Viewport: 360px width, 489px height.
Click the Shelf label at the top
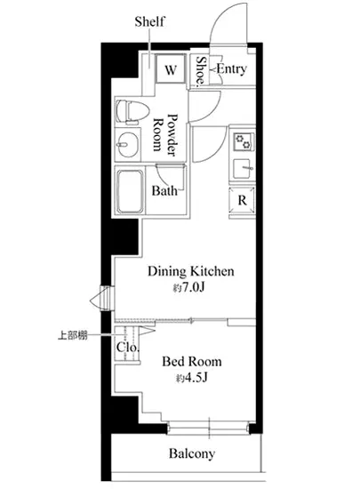tap(149, 21)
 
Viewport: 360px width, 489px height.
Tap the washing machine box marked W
tap(171, 69)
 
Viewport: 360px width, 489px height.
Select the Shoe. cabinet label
tap(201, 71)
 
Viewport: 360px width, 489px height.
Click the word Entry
tap(232, 68)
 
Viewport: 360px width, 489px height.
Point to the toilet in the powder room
tap(132, 111)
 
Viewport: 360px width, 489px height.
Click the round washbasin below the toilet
tap(128, 145)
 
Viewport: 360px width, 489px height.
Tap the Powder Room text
tap(165, 134)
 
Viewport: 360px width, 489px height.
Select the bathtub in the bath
tap(130, 191)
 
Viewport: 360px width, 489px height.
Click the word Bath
tap(164, 190)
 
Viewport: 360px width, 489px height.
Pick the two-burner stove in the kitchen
tap(244, 141)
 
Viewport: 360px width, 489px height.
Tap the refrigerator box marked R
tap(242, 200)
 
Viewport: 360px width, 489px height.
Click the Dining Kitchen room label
tap(191, 271)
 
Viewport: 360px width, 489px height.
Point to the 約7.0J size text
tap(188, 287)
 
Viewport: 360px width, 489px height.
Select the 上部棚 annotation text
tap(73, 335)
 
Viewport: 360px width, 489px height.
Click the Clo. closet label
tap(127, 347)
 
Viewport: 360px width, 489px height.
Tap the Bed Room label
tap(192, 362)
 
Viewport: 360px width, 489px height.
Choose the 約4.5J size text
tap(192, 378)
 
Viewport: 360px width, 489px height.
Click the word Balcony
tap(192, 453)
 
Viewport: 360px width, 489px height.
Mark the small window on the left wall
tap(104, 299)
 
